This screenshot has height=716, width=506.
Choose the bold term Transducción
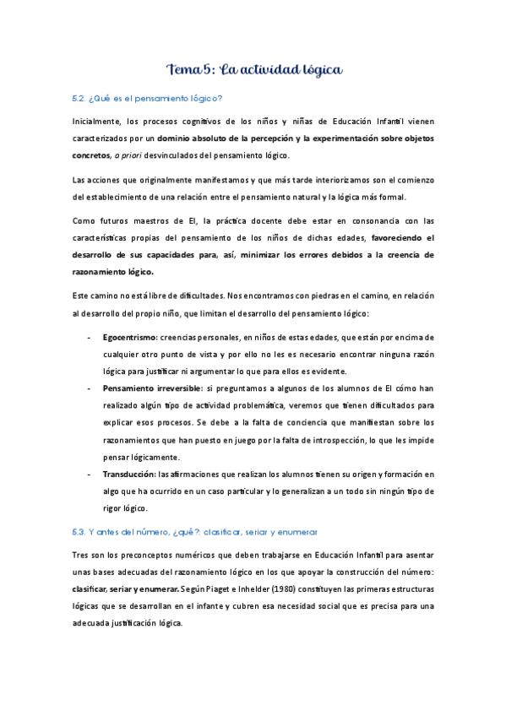pyautogui.click(x=129, y=474)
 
